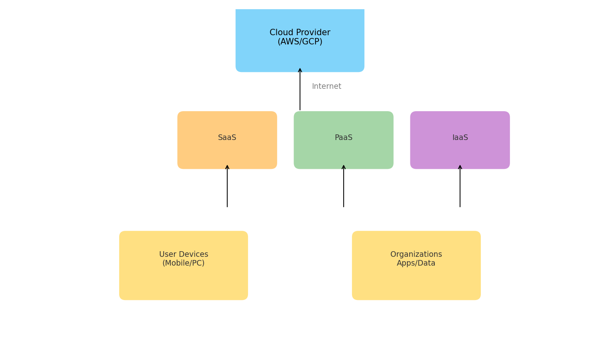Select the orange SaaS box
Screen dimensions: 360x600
pyautogui.click(x=227, y=152)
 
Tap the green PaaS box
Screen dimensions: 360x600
pyautogui.click(x=344, y=152)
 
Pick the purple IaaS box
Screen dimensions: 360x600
pyautogui.click(x=460, y=152)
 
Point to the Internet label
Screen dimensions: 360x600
pyautogui.click(x=326, y=86)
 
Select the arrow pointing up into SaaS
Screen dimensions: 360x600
pyautogui.click(x=227, y=186)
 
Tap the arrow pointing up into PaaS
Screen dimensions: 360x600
pyautogui.click(x=344, y=186)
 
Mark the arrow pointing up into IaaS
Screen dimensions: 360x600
pyautogui.click(x=460, y=186)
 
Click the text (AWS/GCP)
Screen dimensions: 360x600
pyautogui.click(x=300, y=42)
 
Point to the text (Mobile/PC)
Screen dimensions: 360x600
pyautogui.click(x=184, y=263)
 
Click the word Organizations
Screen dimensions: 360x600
pyautogui.click(x=416, y=254)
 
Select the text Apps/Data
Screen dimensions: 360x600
pyautogui.click(x=416, y=263)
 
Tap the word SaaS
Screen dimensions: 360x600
pyautogui.click(x=227, y=138)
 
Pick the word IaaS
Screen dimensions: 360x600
pyautogui.click(x=460, y=138)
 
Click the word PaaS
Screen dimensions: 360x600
pyautogui.click(x=344, y=138)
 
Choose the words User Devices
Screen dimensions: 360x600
pyautogui.click(x=184, y=254)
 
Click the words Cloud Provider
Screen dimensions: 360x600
pyautogui.click(x=300, y=32)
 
